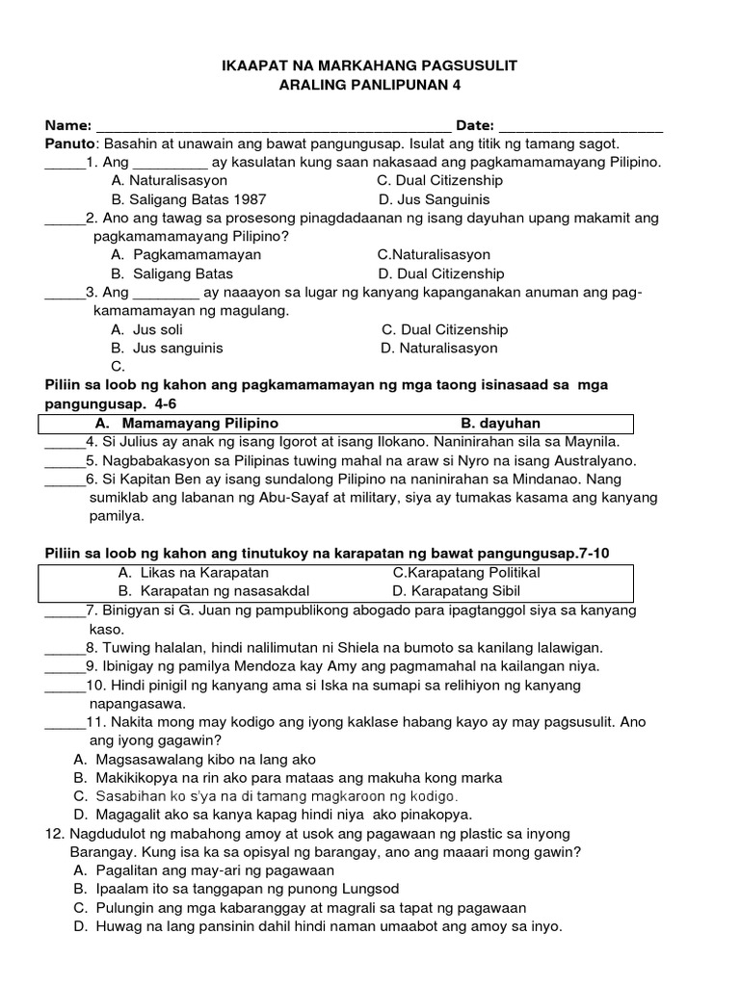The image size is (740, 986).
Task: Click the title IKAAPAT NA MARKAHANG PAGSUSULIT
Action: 370,65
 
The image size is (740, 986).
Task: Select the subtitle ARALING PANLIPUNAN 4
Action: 370,86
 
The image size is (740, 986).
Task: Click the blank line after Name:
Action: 274,127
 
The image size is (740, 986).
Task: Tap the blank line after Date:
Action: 581,127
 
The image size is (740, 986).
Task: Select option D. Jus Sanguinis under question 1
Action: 435,199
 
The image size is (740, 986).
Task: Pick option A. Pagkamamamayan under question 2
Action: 186,255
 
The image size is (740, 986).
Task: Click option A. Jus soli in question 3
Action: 146,329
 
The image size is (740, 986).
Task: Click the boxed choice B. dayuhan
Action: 500,424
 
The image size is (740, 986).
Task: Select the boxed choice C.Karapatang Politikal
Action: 466,573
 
